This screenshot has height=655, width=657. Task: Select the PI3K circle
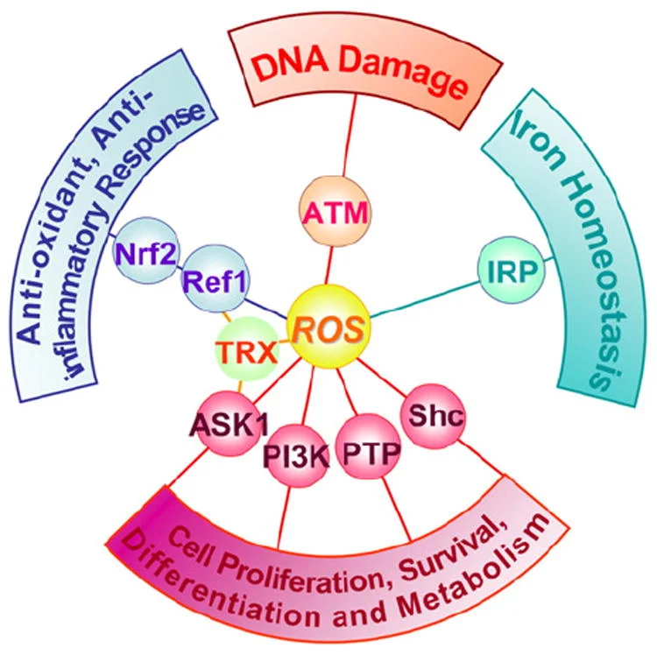[294, 456]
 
